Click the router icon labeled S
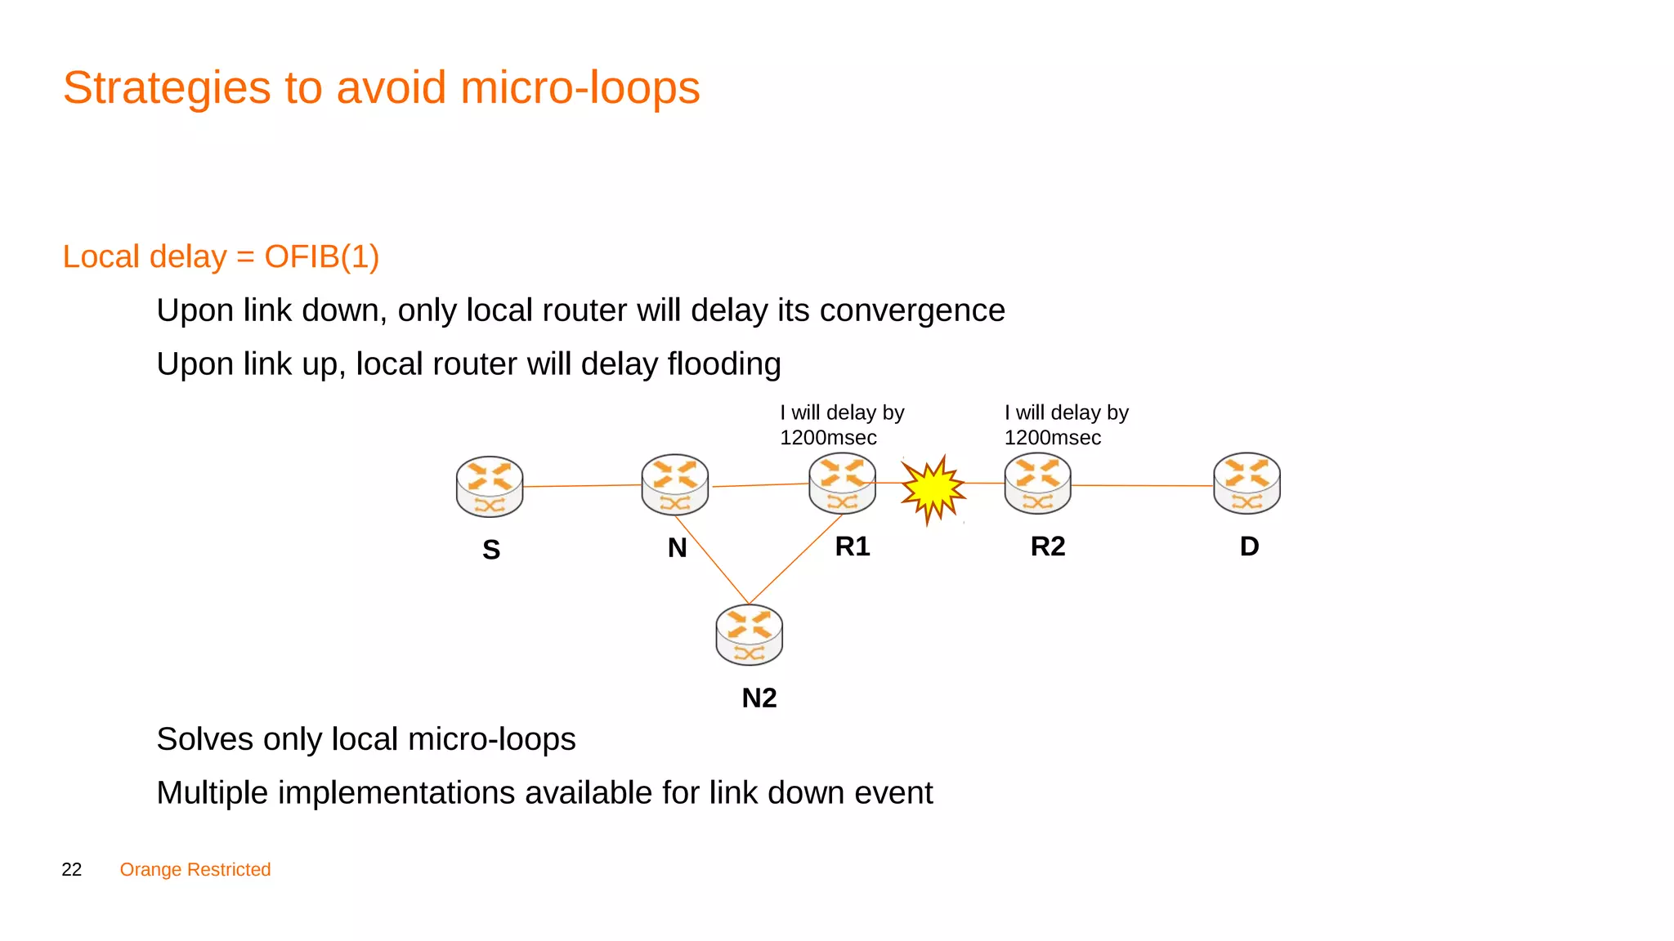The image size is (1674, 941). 489,487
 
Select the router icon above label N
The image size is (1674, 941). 674,484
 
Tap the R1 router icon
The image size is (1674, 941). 842,484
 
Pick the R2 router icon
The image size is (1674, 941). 1037,484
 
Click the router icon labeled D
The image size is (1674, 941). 1247,484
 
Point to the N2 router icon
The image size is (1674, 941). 749,635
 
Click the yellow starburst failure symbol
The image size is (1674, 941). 932,488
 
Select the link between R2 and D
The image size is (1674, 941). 1142,485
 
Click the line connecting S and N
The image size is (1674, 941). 582,485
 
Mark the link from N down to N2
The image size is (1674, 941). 711,560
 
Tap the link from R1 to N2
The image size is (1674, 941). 795,560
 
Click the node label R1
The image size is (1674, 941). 853,546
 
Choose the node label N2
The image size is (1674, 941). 759,698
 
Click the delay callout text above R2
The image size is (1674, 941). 1066,425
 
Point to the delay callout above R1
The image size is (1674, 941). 842,425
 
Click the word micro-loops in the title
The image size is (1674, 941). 580,87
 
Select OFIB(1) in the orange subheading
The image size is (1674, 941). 321,256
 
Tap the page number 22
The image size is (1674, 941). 72,870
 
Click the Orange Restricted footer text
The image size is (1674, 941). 195,870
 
